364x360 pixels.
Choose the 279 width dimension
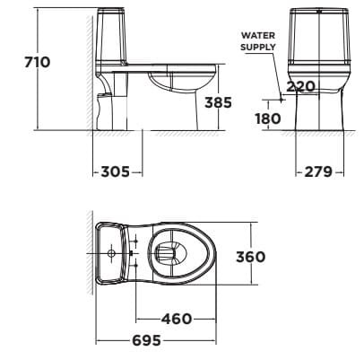click(x=319, y=171)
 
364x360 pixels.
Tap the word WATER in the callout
click(x=251, y=36)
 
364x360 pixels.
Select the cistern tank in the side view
click(x=116, y=40)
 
